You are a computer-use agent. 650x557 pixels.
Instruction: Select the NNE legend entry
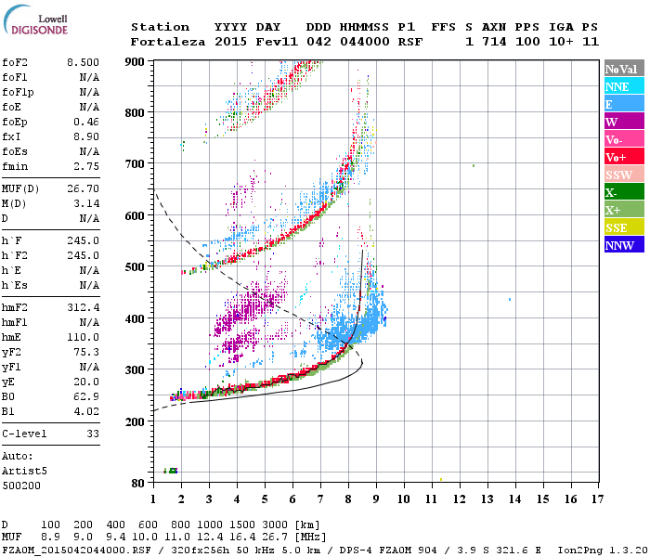pos(617,86)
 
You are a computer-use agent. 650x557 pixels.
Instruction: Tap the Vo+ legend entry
pos(617,157)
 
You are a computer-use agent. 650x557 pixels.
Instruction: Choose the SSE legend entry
pos(617,227)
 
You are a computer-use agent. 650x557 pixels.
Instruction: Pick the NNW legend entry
pos(619,245)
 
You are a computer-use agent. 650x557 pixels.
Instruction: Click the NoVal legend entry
pos(620,69)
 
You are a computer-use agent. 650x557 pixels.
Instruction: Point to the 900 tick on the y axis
pos(136,61)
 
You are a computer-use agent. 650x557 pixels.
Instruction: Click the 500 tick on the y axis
pos(136,267)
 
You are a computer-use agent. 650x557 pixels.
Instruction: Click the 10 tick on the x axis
pos(404,499)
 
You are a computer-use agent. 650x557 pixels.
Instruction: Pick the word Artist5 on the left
pos(24,471)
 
